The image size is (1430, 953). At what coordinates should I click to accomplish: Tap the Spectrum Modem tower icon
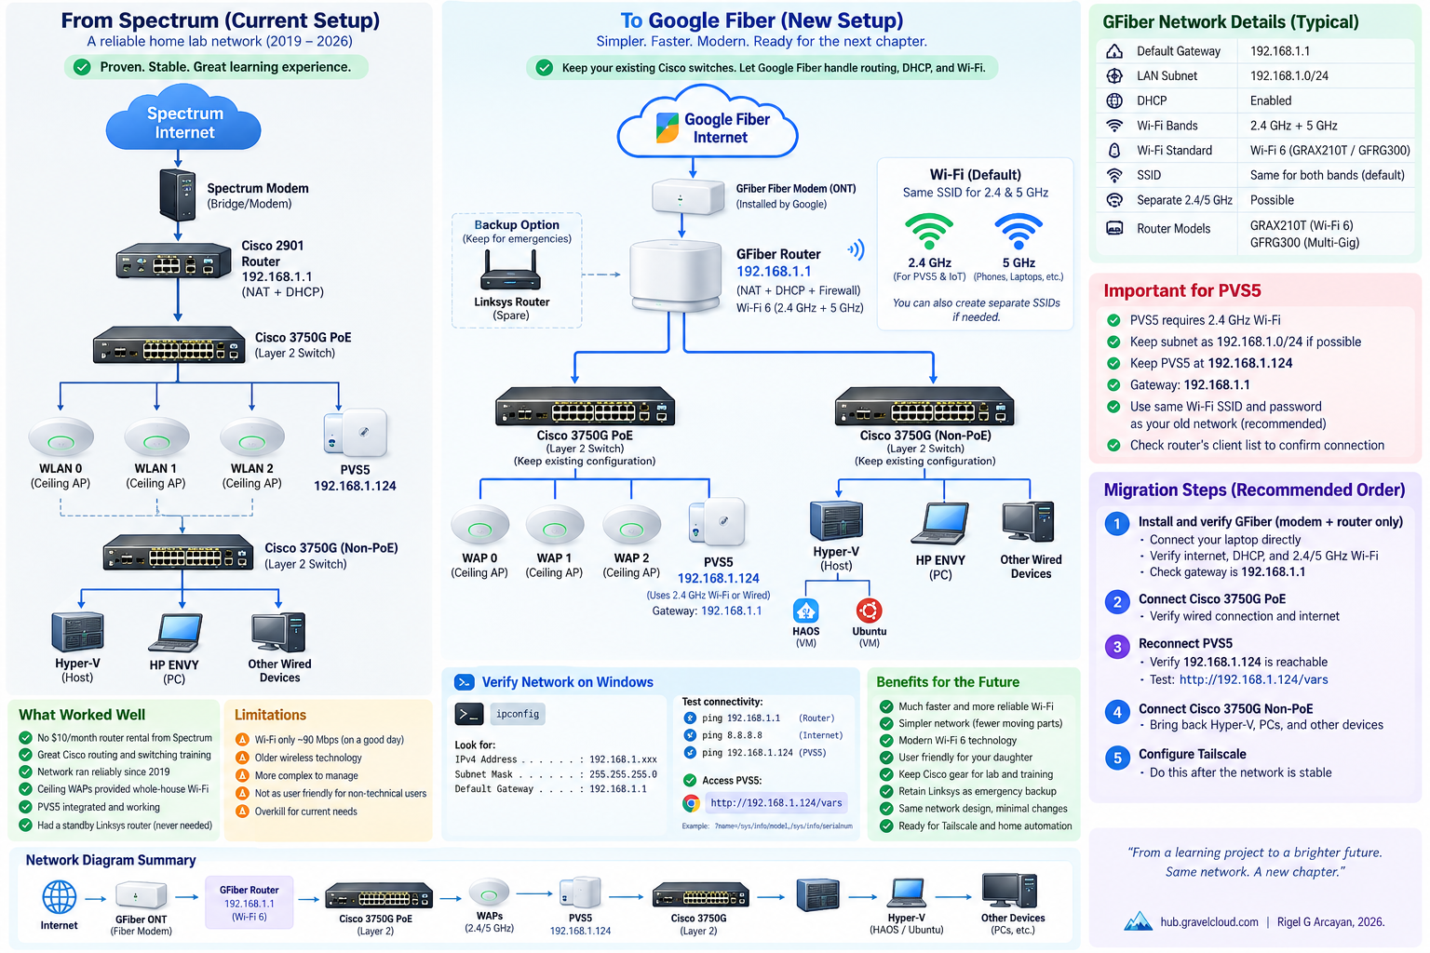pyautogui.click(x=178, y=195)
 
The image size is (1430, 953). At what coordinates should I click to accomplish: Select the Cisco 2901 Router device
pyautogui.click(x=173, y=261)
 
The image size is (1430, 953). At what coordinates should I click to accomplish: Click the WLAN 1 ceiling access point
pyautogui.click(x=156, y=437)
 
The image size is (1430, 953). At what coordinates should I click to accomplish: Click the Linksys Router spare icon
pyautogui.click(x=511, y=271)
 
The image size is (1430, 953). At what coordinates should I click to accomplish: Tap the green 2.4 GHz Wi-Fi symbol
pyautogui.click(x=929, y=231)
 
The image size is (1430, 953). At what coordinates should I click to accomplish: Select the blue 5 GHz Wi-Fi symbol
pyautogui.click(x=1019, y=231)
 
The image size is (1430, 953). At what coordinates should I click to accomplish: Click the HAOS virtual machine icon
pyautogui.click(x=805, y=611)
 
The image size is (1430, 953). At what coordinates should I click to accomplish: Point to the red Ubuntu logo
pyautogui.click(x=869, y=611)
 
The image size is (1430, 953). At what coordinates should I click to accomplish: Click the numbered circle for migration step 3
pyautogui.click(x=1116, y=647)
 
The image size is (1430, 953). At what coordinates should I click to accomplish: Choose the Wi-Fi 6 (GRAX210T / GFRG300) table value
pyautogui.click(x=1329, y=151)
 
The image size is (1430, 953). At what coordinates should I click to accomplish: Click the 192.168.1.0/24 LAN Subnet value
pyautogui.click(x=1288, y=76)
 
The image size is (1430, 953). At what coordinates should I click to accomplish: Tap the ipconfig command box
pyautogui.click(x=517, y=714)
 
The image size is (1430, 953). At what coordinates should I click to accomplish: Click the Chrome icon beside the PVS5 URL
pyautogui.click(x=691, y=803)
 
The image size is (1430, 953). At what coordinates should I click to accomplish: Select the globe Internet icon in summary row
pyautogui.click(x=60, y=897)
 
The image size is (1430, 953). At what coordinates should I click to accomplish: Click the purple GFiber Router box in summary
pyautogui.click(x=249, y=903)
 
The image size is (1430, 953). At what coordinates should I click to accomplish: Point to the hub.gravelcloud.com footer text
pyautogui.click(x=1209, y=921)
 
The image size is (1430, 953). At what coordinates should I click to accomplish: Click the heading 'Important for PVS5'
pyautogui.click(x=1182, y=291)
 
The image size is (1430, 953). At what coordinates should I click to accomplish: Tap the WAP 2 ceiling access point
pyautogui.click(x=631, y=525)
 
